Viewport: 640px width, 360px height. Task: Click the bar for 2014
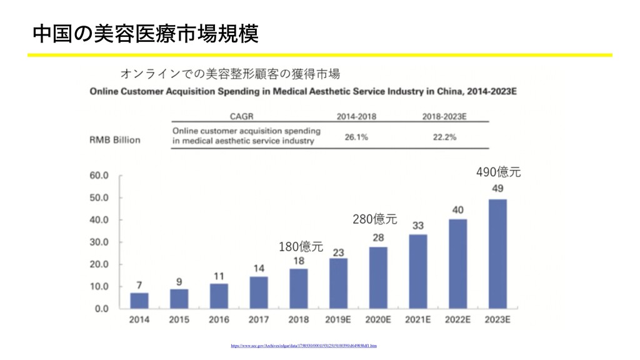coord(139,301)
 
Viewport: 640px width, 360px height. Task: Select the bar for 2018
coord(299,289)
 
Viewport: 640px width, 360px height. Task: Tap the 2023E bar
coord(497,254)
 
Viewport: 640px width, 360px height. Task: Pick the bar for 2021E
coord(418,271)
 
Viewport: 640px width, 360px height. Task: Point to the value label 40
coord(457,210)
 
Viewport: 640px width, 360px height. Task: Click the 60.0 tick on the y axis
coord(99,176)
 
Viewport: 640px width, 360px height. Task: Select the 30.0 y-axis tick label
coord(99,242)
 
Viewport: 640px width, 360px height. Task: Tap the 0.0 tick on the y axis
coord(101,308)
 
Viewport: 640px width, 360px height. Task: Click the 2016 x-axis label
coord(219,320)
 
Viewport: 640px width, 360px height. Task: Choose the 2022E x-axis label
coord(457,320)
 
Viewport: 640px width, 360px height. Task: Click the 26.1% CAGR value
coord(356,136)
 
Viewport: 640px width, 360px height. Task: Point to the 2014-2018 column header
coord(357,116)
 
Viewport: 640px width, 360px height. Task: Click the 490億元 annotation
coord(498,171)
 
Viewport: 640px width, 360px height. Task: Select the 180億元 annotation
coord(301,246)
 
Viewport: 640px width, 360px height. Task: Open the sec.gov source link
coord(304,345)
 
